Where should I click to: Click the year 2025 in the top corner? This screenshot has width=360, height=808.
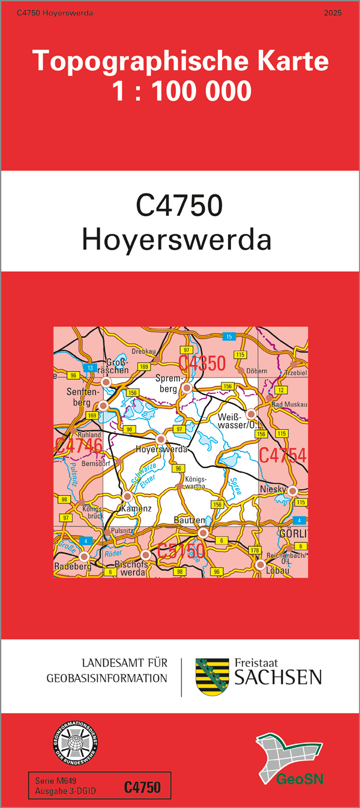332,13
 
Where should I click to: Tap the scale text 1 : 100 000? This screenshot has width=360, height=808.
181,91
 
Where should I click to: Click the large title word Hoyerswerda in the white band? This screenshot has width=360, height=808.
177,240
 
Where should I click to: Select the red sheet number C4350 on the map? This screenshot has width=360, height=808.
202,363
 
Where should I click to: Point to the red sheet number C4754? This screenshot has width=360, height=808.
283,456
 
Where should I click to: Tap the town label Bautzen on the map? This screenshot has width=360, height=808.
190,520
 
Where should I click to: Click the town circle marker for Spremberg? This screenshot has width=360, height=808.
187,388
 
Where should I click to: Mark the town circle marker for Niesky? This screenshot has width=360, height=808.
293,491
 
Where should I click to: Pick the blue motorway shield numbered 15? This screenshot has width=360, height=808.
228,336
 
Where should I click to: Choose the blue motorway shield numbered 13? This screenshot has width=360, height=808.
90,367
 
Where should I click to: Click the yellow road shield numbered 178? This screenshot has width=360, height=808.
254,550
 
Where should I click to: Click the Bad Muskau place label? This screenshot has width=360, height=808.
289,405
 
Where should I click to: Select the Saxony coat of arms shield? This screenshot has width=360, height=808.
212,677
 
